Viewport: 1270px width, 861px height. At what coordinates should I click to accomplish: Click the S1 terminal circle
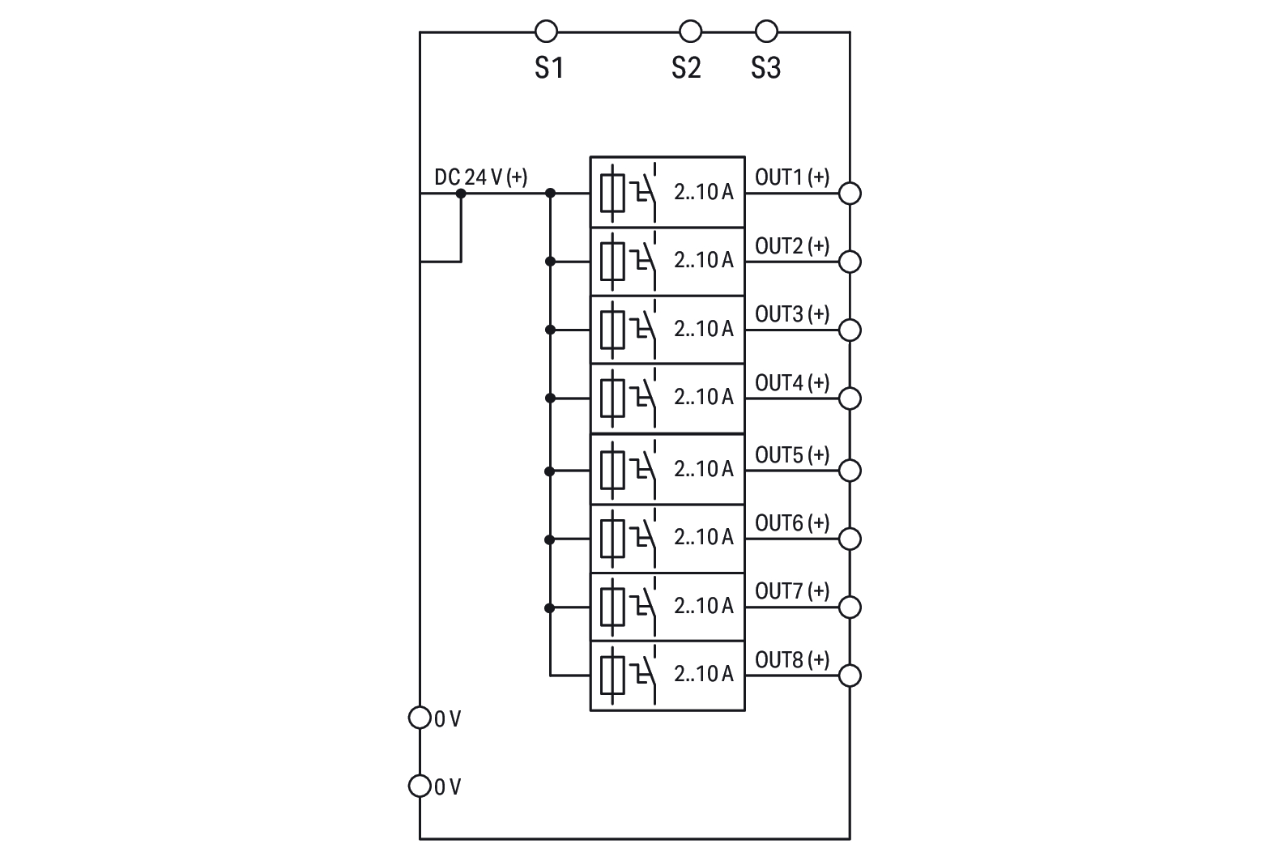coord(547,32)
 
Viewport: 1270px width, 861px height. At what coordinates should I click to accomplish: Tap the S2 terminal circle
coord(690,32)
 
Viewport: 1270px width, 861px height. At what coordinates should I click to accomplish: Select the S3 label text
coord(765,68)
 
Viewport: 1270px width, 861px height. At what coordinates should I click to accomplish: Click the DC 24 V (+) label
coord(481,177)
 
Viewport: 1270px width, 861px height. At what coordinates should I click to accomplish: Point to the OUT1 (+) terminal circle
coord(850,193)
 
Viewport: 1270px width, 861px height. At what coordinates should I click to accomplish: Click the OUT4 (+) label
coord(792,382)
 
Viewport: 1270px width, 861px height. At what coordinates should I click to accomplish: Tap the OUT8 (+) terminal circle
coord(850,675)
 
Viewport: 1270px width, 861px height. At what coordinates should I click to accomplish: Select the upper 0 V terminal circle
coord(420,718)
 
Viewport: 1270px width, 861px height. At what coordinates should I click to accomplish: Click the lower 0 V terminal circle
coord(420,786)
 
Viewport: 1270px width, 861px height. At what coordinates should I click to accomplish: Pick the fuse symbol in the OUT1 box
coord(612,193)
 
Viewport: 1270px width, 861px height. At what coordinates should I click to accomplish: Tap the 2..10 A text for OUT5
coord(703,469)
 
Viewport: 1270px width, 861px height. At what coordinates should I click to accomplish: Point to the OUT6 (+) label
coord(792,523)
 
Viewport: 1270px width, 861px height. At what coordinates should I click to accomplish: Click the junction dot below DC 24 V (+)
coord(461,194)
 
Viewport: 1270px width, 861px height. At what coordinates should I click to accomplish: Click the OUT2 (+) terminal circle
coord(850,261)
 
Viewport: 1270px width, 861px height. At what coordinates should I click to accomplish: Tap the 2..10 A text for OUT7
coord(703,606)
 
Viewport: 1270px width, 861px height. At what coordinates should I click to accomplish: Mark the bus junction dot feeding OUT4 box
coord(550,399)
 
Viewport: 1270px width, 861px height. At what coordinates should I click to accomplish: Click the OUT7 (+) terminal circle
coord(850,607)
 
